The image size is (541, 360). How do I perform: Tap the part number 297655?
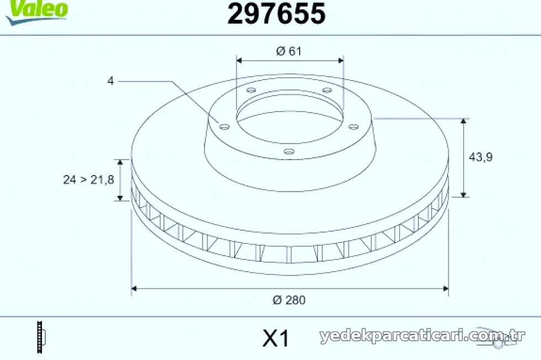[277, 13]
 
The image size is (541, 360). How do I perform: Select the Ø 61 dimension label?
[289, 51]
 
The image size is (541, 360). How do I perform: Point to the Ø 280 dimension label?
[289, 300]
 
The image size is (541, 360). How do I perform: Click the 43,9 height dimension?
[481, 157]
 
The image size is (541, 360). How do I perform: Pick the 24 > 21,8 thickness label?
[88, 179]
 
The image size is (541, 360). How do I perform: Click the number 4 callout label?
[110, 81]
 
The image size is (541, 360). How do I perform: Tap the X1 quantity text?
[275, 338]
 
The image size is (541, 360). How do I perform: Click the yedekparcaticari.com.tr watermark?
[422, 335]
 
